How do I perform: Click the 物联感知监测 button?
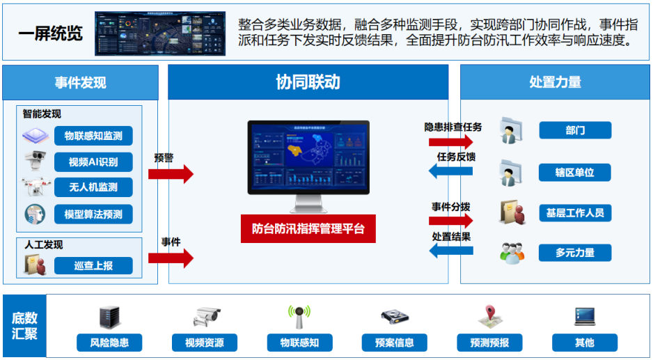pyautogui.click(x=93, y=136)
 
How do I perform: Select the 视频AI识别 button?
pyautogui.click(x=93, y=162)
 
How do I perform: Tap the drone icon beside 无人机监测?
pyautogui.click(x=35, y=187)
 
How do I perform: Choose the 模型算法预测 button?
pyautogui.click(x=93, y=214)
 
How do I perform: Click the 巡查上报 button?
pyautogui.click(x=93, y=265)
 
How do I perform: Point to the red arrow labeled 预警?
pyautogui.click(x=170, y=173)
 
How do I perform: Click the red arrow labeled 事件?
pyautogui.click(x=170, y=258)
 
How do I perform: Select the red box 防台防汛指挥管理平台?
pyautogui.click(x=308, y=228)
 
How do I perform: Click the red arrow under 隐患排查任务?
pyautogui.click(x=452, y=141)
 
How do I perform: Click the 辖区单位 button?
pyautogui.click(x=574, y=172)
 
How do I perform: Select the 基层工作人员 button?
pyautogui.click(x=574, y=212)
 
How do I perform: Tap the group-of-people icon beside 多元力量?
pyautogui.click(x=512, y=252)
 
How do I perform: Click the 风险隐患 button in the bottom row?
pyautogui.click(x=109, y=342)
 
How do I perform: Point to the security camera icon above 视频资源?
pyautogui.click(x=207, y=317)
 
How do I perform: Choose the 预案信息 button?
pyautogui.click(x=395, y=342)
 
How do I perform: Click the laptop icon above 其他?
pyautogui.click(x=584, y=317)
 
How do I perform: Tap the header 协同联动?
pyautogui.click(x=308, y=82)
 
